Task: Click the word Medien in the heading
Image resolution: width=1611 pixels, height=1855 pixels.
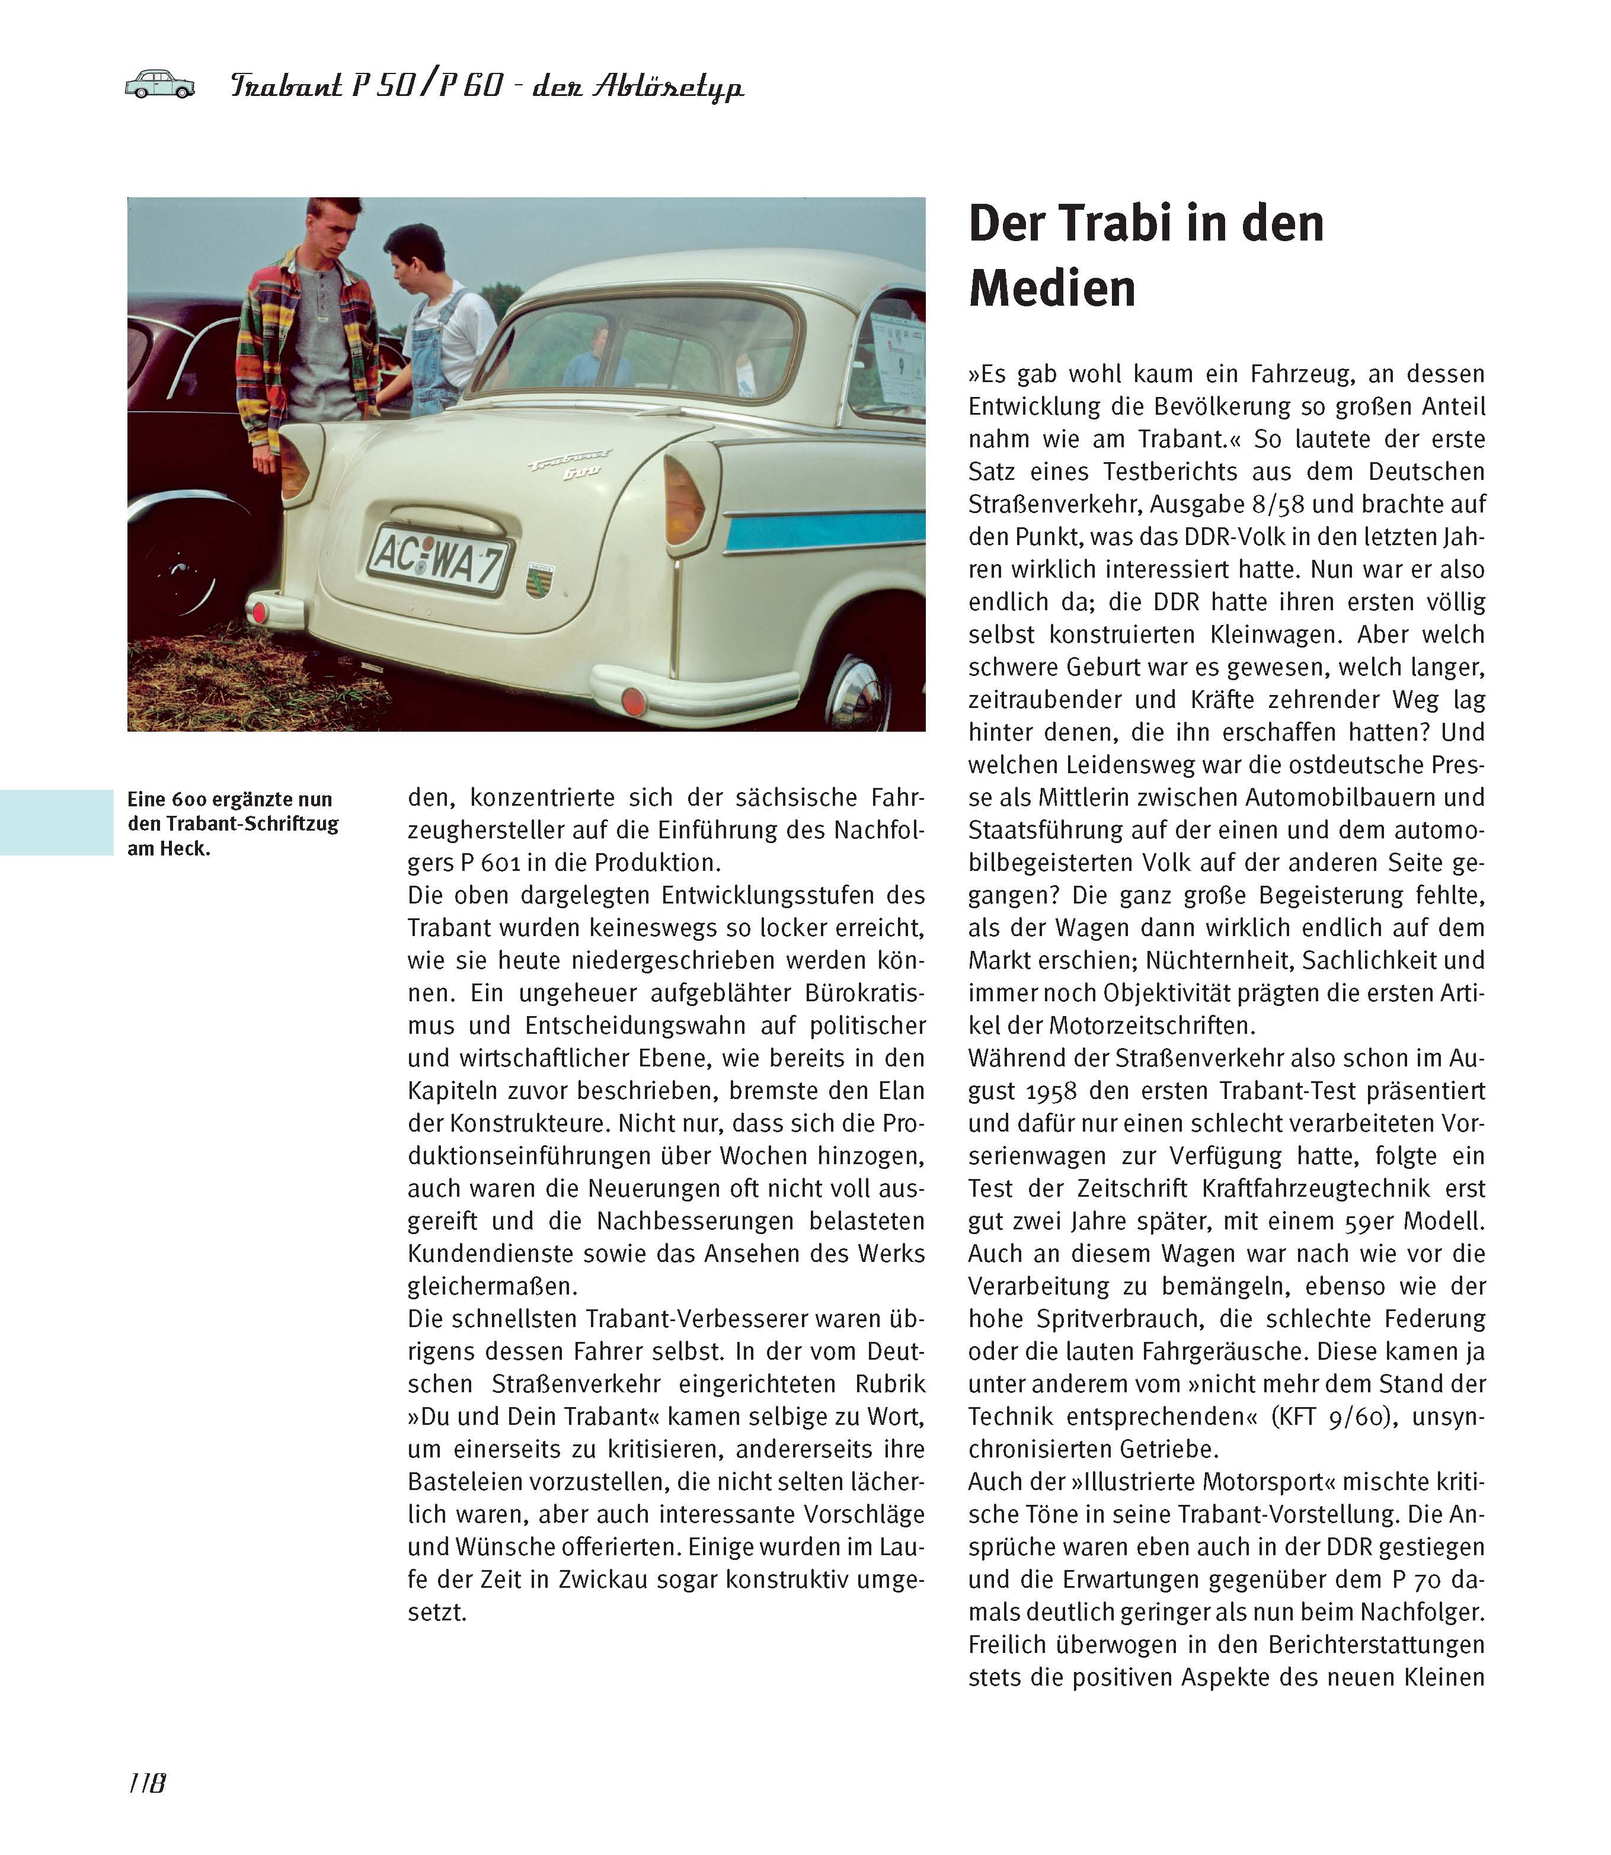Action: (1052, 289)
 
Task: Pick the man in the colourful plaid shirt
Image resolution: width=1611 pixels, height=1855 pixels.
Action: (310, 332)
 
